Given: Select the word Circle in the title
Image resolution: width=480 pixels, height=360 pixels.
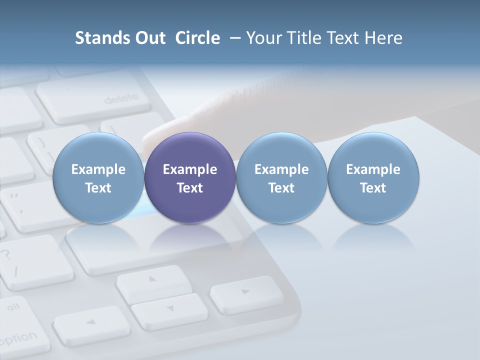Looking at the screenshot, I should tap(197, 38).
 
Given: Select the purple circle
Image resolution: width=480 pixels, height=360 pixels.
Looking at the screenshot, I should tap(190, 177).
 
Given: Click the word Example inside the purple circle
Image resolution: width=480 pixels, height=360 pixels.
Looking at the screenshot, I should tap(190, 169).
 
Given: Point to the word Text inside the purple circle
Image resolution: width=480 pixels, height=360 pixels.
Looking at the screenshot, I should tap(190, 188).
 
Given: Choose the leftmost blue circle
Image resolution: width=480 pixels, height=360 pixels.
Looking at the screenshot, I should tap(98, 177).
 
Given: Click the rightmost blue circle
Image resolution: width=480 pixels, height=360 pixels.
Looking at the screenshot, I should tap(373, 177).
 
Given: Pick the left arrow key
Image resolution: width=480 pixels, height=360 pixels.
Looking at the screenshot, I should tap(90, 322).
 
